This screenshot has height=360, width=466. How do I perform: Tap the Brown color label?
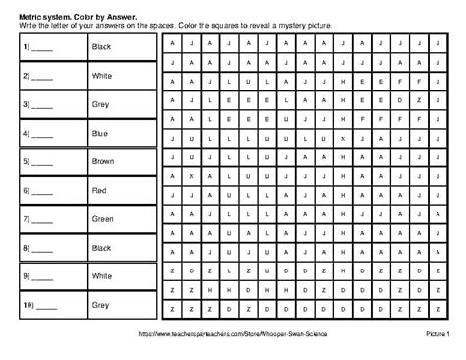[x=102, y=161]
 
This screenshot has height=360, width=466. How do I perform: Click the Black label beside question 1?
[x=102, y=47]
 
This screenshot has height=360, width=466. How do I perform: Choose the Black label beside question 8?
[x=102, y=248]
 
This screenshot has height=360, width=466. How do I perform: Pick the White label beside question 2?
[x=102, y=76]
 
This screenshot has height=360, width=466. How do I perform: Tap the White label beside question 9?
[x=102, y=276]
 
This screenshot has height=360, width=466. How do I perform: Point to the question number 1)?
[x=21, y=47]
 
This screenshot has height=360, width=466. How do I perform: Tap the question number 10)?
[x=23, y=305]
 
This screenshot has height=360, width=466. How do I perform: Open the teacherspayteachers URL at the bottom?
[x=232, y=335]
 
